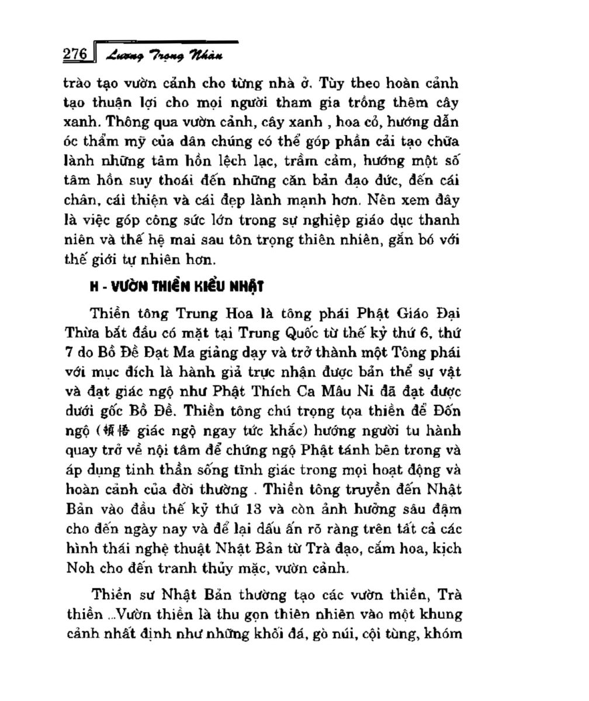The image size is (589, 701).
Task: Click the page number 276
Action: coord(75,54)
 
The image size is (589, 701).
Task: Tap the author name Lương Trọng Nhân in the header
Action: coord(164,55)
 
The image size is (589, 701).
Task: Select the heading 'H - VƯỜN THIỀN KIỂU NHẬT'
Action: coord(176,287)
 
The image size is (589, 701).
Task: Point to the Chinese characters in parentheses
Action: coord(116,431)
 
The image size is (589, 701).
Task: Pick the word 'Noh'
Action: coord(79,568)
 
